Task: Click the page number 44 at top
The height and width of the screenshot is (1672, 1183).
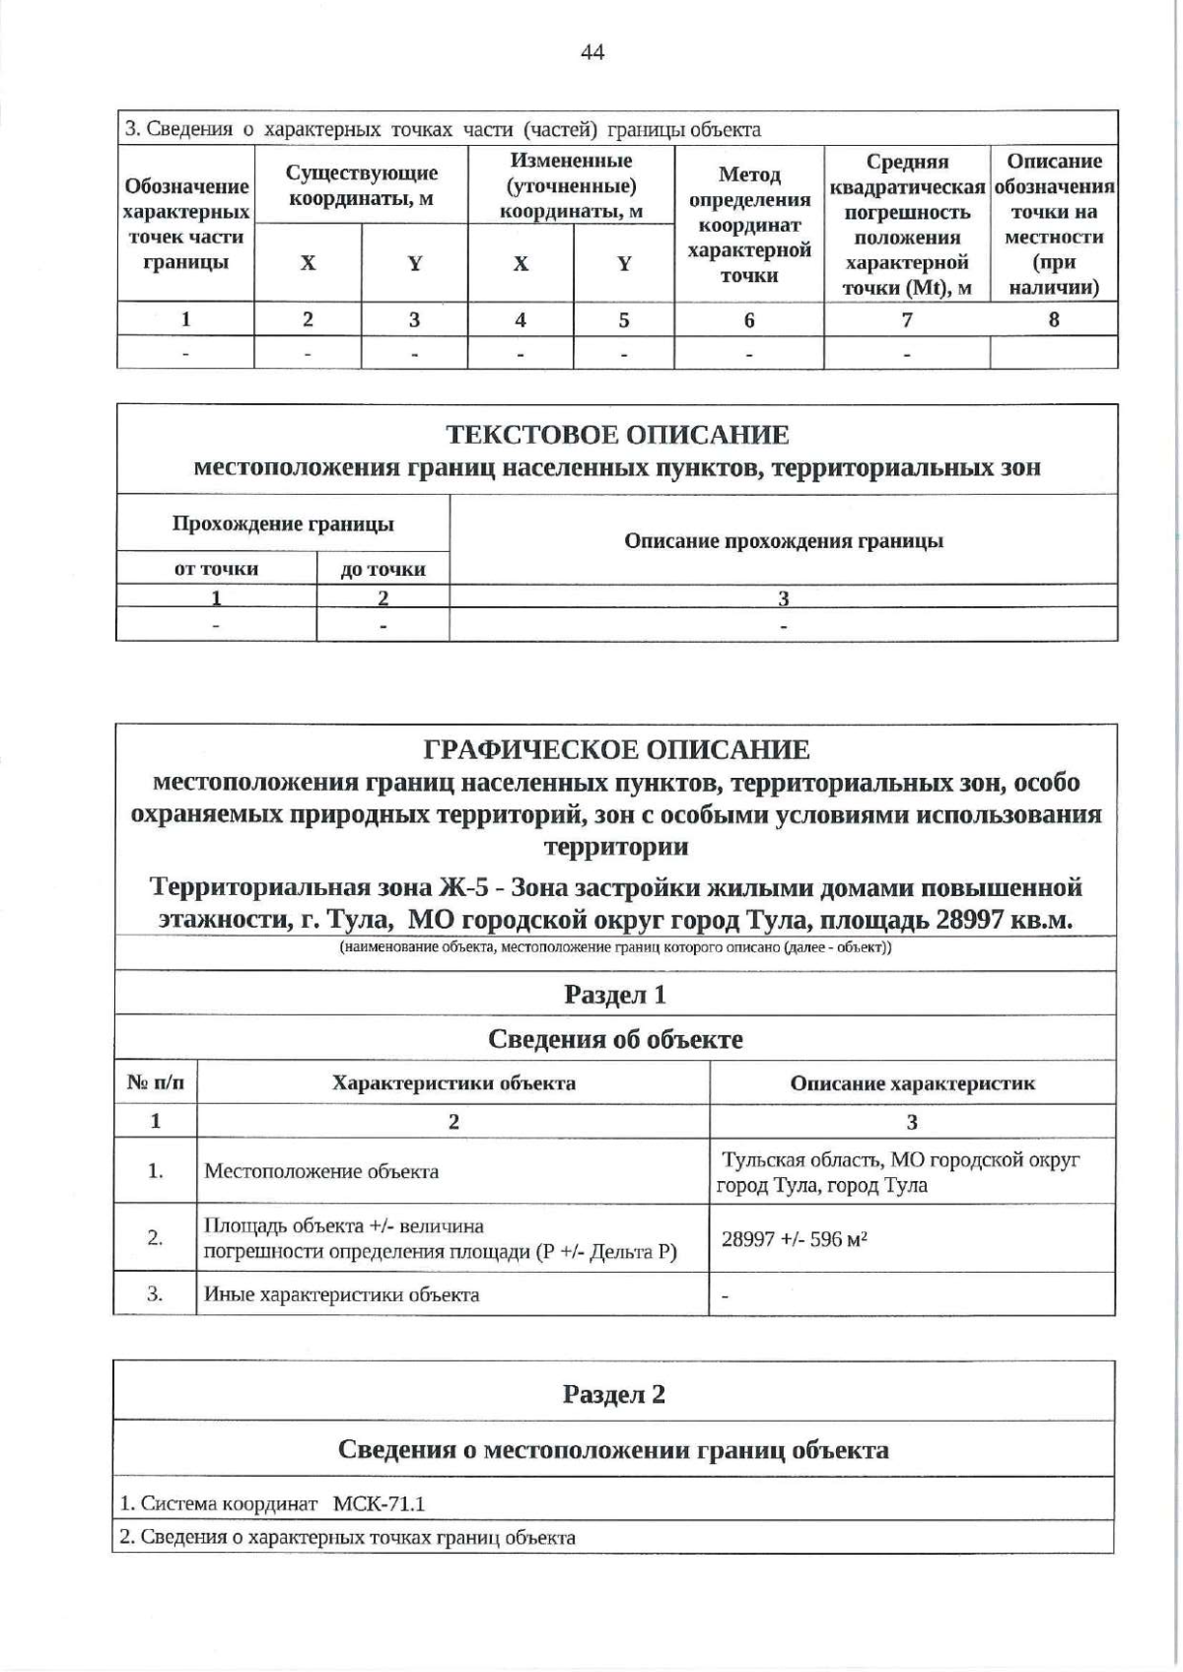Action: [592, 53]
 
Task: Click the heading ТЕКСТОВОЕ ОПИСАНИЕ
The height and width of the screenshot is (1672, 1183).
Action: [617, 435]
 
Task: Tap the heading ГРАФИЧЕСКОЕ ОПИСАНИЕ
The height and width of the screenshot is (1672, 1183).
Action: [616, 750]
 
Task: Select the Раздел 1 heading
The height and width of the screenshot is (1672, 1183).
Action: [615, 995]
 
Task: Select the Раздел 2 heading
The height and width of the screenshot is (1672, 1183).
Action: [613, 1394]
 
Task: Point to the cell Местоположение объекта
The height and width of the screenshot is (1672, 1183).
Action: [321, 1172]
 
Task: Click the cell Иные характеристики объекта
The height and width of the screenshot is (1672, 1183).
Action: [341, 1294]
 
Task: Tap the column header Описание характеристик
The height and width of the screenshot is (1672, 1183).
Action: [912, 1083]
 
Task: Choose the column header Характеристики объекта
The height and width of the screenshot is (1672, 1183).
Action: [453, 1083]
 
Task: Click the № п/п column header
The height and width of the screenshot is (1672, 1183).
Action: [156, 1083]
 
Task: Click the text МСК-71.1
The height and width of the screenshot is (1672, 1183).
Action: [379, 1504]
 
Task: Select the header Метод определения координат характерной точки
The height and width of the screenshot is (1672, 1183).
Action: [749, 225]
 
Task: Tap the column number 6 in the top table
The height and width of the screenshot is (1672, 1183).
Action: [749, 320]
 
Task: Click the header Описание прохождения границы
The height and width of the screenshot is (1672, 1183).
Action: [784, 541]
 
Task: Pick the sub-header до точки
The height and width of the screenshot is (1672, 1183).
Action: [383, 570]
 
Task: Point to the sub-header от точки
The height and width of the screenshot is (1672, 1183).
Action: [216, 569]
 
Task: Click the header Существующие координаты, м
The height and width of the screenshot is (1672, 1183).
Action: [361, 185]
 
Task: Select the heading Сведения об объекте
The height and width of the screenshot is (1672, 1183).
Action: [615, 1039]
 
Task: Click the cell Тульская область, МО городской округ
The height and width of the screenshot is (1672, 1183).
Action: [901, 1160]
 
